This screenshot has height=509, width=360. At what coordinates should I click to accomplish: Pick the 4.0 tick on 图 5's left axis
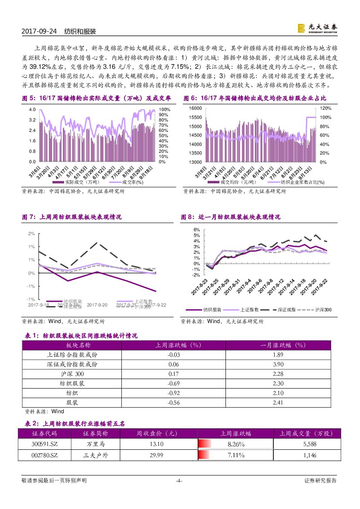click(32, 109)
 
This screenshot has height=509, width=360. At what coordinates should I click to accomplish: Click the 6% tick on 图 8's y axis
click(196, 229)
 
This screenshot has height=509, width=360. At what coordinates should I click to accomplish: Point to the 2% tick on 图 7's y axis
click(31, 234)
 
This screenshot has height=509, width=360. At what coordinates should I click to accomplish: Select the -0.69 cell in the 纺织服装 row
click(174, 384)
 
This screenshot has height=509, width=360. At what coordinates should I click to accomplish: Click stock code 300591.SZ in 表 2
click(45, 444)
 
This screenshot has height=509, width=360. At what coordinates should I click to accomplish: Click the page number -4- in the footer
click(178, 481)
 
